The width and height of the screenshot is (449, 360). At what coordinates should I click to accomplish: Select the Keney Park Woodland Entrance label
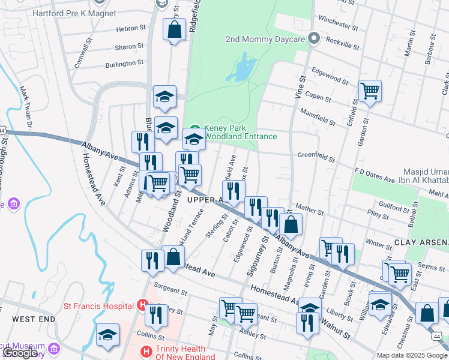click(x=240, y=132)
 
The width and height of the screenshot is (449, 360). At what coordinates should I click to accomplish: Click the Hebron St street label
click(x=131, y=28)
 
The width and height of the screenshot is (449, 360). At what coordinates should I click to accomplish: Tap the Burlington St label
click(x=124, y=63)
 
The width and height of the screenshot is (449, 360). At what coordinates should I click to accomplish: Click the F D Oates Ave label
click(x=375, y=179)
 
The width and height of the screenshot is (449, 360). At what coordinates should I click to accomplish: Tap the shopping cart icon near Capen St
click(x=370, y=91)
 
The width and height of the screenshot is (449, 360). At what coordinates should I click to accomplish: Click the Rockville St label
click(x=342, y=43)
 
